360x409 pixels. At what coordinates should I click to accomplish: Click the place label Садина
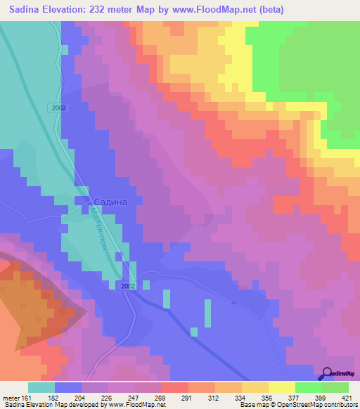point(110,202)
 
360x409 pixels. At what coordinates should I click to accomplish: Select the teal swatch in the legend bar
point(41,387)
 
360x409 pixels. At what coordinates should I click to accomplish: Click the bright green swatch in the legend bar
point(308,387)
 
